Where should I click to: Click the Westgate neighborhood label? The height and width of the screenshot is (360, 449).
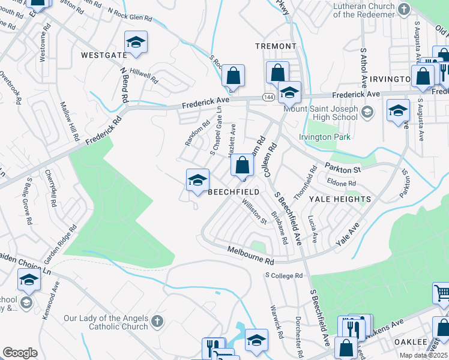point(104,55)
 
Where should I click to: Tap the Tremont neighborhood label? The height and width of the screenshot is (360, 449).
point(276,46)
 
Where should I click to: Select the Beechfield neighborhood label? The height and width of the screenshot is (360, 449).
point(234,191)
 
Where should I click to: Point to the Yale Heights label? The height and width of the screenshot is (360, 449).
point(340,199)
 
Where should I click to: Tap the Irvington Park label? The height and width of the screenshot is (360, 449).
point(325,137)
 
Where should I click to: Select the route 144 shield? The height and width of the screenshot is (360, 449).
point(268,97)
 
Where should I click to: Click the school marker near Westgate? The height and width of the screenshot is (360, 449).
point(136,43)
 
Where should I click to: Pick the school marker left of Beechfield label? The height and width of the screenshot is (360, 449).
point(197,180)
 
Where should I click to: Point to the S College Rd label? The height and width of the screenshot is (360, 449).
point(285,275)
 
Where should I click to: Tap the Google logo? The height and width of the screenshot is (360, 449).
point(20,353)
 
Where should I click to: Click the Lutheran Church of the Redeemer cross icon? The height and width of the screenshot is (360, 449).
point(403,9)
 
